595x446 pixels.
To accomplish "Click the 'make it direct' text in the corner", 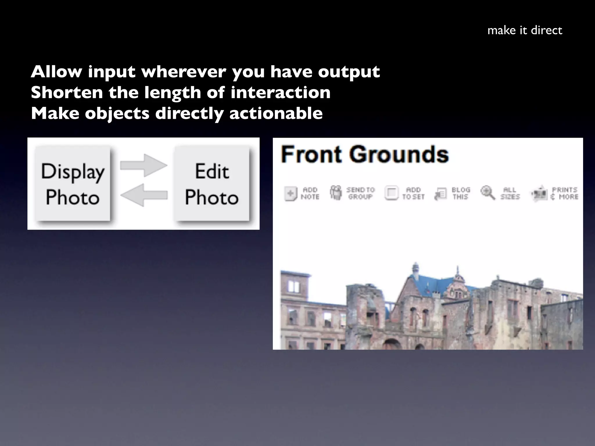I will [525, 30].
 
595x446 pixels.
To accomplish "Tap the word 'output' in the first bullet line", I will [349, 72].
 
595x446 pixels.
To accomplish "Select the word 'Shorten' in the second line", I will [67, 92].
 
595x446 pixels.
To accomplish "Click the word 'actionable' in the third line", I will [276, 113].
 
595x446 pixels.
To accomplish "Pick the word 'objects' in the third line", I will [117, 114].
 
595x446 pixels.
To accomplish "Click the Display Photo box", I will [73, 184].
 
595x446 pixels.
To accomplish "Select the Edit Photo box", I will [212, 184].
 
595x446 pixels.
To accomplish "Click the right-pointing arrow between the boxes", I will [144, 165].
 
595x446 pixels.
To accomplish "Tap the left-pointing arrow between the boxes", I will [144, 195].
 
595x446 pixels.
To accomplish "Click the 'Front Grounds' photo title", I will [365, 154].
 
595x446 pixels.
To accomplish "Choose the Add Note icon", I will [291, 193].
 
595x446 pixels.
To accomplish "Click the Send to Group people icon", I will [336, 193].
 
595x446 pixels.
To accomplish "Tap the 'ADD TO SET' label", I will [413, 193].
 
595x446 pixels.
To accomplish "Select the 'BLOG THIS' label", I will [461, 193].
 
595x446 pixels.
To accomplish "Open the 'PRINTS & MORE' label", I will [564, 193].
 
